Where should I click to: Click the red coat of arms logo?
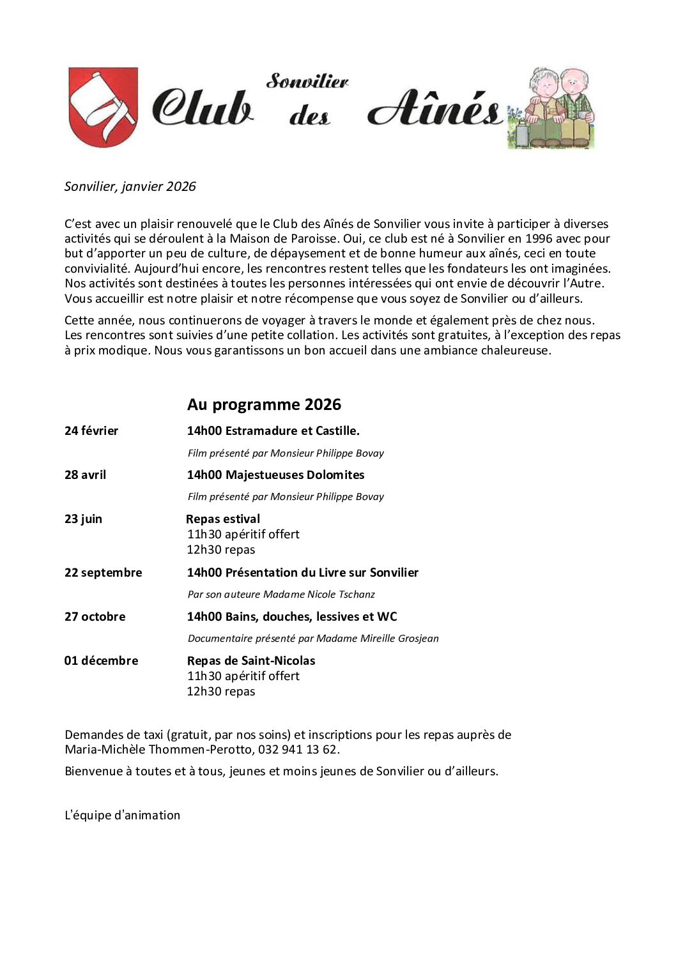[103, 107]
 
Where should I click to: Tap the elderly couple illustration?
[551, 108]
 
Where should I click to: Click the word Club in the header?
[202, 107]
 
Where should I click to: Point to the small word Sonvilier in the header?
[307, 81]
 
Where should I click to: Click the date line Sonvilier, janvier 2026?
[130, 186]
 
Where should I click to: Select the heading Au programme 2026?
[264, 404]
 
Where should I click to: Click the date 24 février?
[91, 431]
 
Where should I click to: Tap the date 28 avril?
[85, 475]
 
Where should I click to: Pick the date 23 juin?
[83, 519]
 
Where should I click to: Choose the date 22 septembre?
[103, 573]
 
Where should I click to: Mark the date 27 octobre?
[95, 617]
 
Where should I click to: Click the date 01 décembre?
[101, 661]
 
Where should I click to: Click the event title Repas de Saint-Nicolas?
[251, 661]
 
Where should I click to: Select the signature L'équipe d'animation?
[123, 816]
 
